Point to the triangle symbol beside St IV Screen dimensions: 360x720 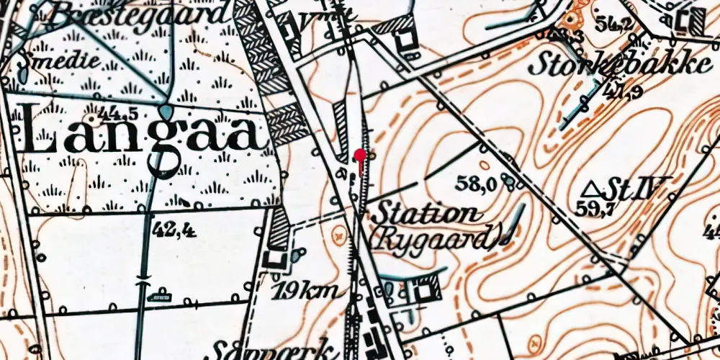[x=591, y=189]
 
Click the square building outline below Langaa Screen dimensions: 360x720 [x=274, y=258]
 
